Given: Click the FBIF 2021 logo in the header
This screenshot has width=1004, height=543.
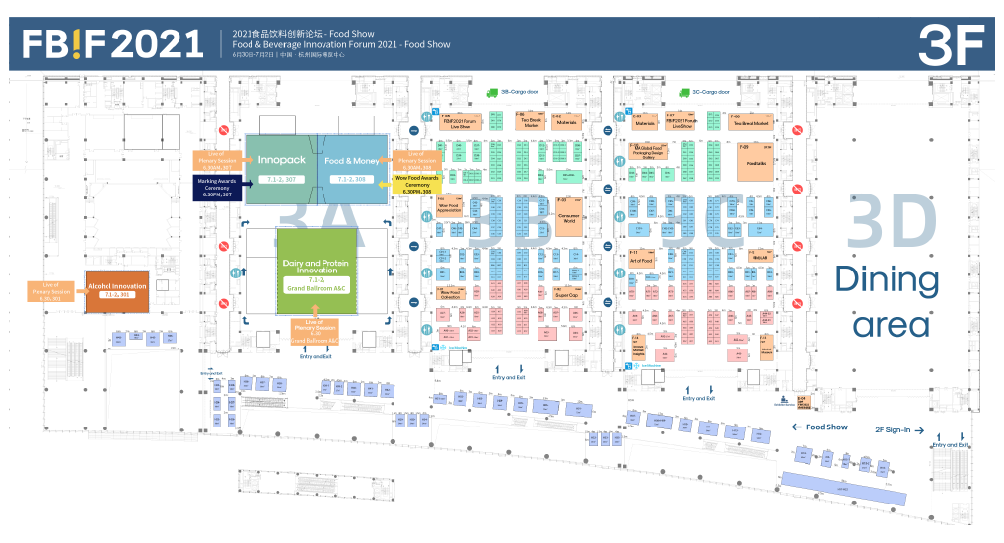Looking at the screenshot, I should [x=112, y=43].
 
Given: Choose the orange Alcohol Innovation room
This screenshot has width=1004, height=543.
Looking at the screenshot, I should [x=117, y=290].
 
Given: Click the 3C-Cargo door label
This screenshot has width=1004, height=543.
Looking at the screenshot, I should [x=710, y=92].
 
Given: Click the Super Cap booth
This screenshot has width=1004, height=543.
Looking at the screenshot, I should [x=565, y=294].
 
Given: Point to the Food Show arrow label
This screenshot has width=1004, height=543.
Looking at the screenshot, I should [x=820, y=427].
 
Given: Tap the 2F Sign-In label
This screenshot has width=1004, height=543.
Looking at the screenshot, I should [x=898, y=429].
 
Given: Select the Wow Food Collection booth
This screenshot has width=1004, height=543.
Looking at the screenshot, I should [x=450, y=293].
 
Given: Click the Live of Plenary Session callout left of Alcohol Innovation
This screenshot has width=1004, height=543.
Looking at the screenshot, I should [x=51, y=291].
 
